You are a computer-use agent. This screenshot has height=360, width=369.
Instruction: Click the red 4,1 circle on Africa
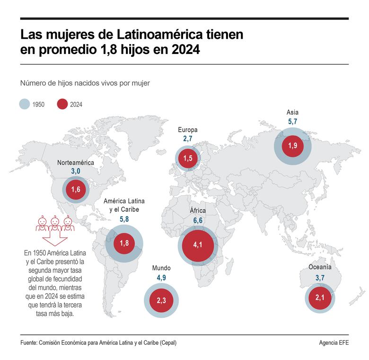pos(197,245)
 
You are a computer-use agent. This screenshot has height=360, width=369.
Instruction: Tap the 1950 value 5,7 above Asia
pos(292,122)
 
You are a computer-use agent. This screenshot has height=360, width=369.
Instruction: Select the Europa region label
pos(188,129)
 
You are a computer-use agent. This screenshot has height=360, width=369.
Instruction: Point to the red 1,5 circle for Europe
pos(188,158)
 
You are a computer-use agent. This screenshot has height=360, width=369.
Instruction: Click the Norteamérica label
pos(76,162)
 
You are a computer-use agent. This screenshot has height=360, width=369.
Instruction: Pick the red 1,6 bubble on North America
pos(76,190)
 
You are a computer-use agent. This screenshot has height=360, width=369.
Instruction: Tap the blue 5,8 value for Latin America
pos(124,219)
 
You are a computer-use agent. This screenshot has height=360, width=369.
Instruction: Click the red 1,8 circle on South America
pos(124,243)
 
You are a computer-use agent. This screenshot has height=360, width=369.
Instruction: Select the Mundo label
pos(161,268)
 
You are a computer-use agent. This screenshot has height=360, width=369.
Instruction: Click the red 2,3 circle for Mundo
pos(161,300)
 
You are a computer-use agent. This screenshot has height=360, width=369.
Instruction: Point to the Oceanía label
pos(320,267)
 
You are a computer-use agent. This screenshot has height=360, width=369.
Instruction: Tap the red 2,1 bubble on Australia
pos(320,297)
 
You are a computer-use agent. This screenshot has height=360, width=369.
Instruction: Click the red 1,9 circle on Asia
pos(292,145)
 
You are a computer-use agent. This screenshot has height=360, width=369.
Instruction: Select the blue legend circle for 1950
pos(25,104)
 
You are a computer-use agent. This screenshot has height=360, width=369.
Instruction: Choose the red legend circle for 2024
pos(62,104)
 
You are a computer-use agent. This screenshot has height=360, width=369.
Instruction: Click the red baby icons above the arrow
pos(56,223)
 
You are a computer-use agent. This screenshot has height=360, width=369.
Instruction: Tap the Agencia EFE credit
pos(334,342)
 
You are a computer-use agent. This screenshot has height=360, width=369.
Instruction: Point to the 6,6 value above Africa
pos(197,221)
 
